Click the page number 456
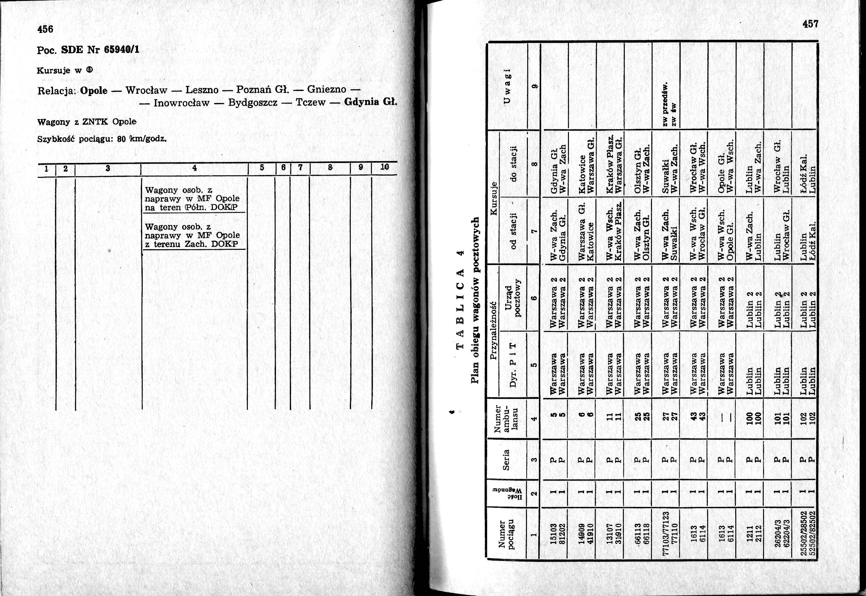coord(45,29)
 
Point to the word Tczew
coord(311,102)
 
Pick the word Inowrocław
coord(182,102)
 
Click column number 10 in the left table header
coord(385,167)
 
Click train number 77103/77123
coord(665,534)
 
